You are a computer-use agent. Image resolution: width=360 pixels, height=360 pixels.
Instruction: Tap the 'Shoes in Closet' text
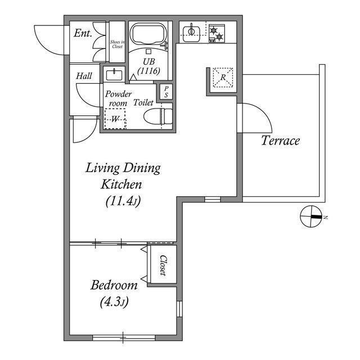[116, 43]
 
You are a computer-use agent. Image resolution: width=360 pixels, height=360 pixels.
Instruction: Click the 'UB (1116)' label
[149, 66]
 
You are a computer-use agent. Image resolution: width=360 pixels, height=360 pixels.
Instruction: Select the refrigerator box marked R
[223, 78]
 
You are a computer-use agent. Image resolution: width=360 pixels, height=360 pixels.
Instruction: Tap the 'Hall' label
[84, 76]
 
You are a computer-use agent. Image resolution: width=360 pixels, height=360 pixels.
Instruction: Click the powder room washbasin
[115, 74]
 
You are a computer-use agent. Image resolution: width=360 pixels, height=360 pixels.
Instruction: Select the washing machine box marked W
[115, 118]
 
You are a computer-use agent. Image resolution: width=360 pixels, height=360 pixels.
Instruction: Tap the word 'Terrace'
[280, 141]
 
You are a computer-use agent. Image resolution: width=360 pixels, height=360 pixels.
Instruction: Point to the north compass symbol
[312, 217]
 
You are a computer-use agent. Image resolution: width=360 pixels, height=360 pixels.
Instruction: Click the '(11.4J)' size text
[123, 201]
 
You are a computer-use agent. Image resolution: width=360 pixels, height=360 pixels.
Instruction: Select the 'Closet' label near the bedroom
[163, 265]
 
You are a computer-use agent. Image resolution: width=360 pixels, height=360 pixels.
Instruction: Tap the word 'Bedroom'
[114, 285]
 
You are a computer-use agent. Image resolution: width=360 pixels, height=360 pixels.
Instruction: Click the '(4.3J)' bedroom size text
[114, 303]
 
